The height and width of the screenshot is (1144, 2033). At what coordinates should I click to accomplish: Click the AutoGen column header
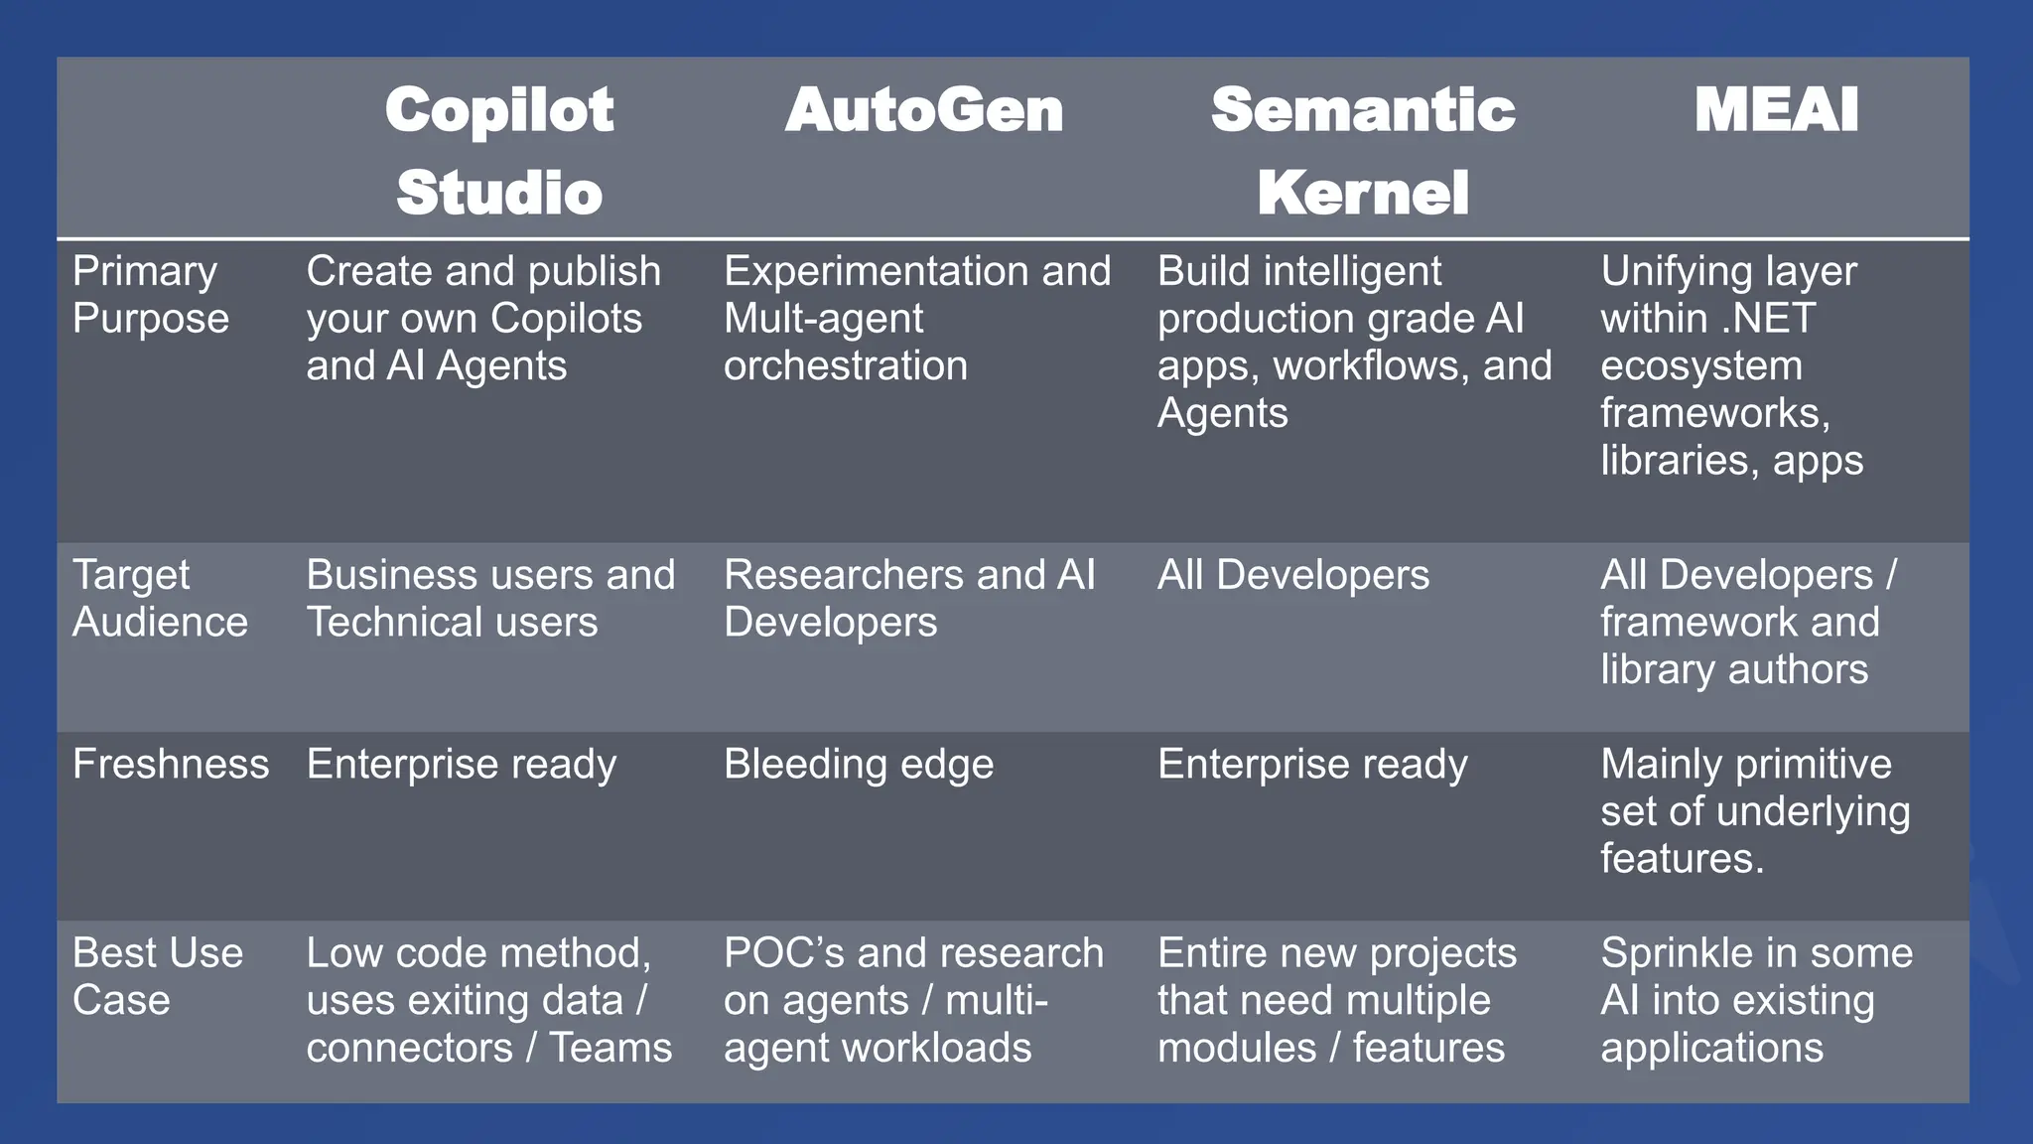(x=923, y=110)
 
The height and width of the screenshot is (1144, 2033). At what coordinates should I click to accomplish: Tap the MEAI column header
(x=1776, y=110)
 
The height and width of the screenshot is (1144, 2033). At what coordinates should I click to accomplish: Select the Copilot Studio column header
(x=499, y=150)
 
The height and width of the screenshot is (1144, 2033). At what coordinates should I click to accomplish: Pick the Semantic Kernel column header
(x=1363, y=150)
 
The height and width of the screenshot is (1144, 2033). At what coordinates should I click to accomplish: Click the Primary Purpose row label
(x=150, y=295)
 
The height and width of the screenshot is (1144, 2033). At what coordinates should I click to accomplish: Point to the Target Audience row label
(x=160, y=599)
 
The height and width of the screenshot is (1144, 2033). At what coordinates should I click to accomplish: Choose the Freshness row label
(x=171, y=765)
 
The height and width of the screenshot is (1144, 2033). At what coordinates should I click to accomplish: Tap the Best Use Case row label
(x=157, y=976)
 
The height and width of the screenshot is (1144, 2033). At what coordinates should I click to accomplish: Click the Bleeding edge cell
(x=859, y=765)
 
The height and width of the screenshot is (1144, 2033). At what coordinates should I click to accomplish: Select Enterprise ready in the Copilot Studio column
(x=462, y=765)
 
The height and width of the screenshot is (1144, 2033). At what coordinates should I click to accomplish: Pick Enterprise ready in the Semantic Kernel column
(x=1312, y=765)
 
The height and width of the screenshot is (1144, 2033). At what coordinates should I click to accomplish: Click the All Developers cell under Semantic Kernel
(x=1293, y=575)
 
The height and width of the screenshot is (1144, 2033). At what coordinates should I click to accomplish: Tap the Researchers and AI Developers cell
(x=909, y=599)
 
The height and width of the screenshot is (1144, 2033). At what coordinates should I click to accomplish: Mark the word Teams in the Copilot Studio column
(x=610, y=1048)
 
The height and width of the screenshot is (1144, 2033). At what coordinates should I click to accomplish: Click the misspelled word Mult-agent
(x=823, y=319)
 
